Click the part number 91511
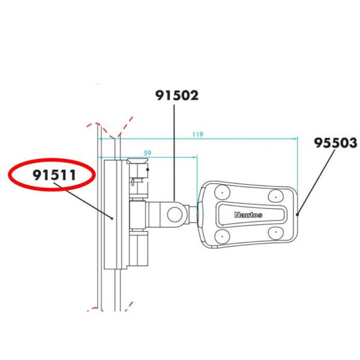point(52,176)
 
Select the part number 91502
point(176,95)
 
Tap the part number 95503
point(335,143)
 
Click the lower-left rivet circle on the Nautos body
point(221,236)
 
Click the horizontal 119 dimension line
point(240,138)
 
